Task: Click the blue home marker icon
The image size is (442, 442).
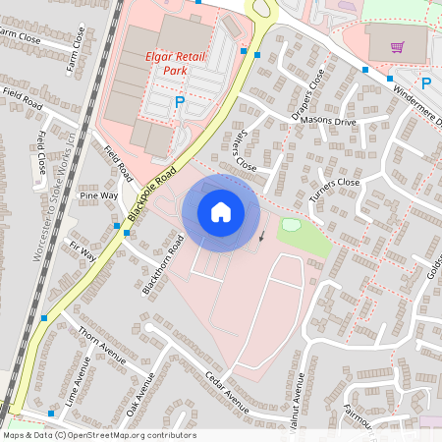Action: pyautogui.click(x=220, y=212)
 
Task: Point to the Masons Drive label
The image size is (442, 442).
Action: pyautogui.click(x=331, y=121)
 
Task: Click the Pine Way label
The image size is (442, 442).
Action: pyautogui.click(x=99, y=195)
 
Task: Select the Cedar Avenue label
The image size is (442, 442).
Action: pyautogui.click(x=227, y=390)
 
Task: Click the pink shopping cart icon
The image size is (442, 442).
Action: pyautogui.click(x=398, y=46)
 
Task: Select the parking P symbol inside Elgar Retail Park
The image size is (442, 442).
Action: pyautogui.click(x=180, y=101)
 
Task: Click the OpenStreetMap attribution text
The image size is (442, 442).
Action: pyautogui.click(x=99, y=435)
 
